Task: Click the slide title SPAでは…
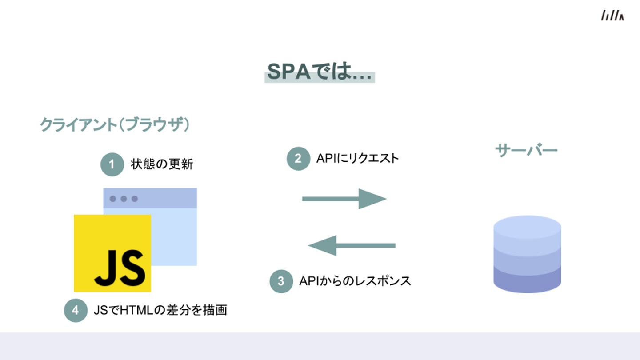pos(320,72)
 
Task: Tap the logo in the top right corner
pos(612,16)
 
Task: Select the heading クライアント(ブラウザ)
pos(115,125)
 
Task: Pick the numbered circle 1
pos(112,164)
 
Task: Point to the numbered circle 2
pos(298,159)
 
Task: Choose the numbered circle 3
pos(281,281)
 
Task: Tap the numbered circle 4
pos(75,310)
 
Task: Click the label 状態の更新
pos(162,164)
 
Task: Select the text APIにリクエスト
pos(357,159)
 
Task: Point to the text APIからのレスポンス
pos(355,281)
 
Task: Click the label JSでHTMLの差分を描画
pos(160,310)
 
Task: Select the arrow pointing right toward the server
pos(344,199)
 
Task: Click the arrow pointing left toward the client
pos(352,245)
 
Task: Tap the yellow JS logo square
pos(112,253)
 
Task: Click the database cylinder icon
pos(527,254)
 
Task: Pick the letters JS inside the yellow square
pos(120,268)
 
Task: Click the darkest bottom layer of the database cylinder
pos(527,280)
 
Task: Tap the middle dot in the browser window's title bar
pos(124,199)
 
